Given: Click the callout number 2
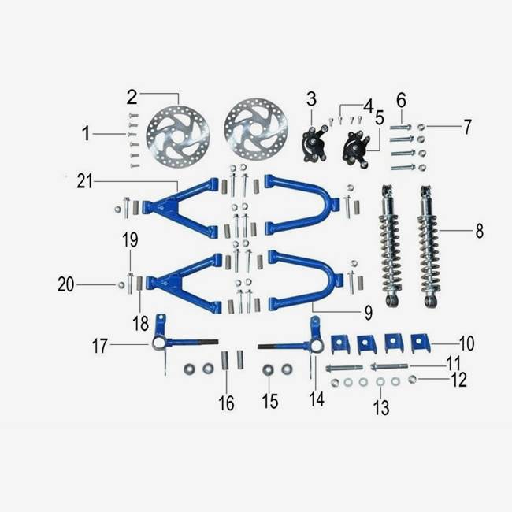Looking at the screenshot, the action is click(132, 97).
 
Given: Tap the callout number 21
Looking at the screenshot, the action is click(84, 181).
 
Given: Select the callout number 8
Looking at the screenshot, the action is click(480, 231).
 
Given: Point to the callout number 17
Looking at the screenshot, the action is click(99, 346).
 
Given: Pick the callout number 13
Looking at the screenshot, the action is click(381, 407).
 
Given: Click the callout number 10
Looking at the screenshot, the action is click(467, 343).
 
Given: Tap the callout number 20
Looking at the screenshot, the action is click(65, 284).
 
